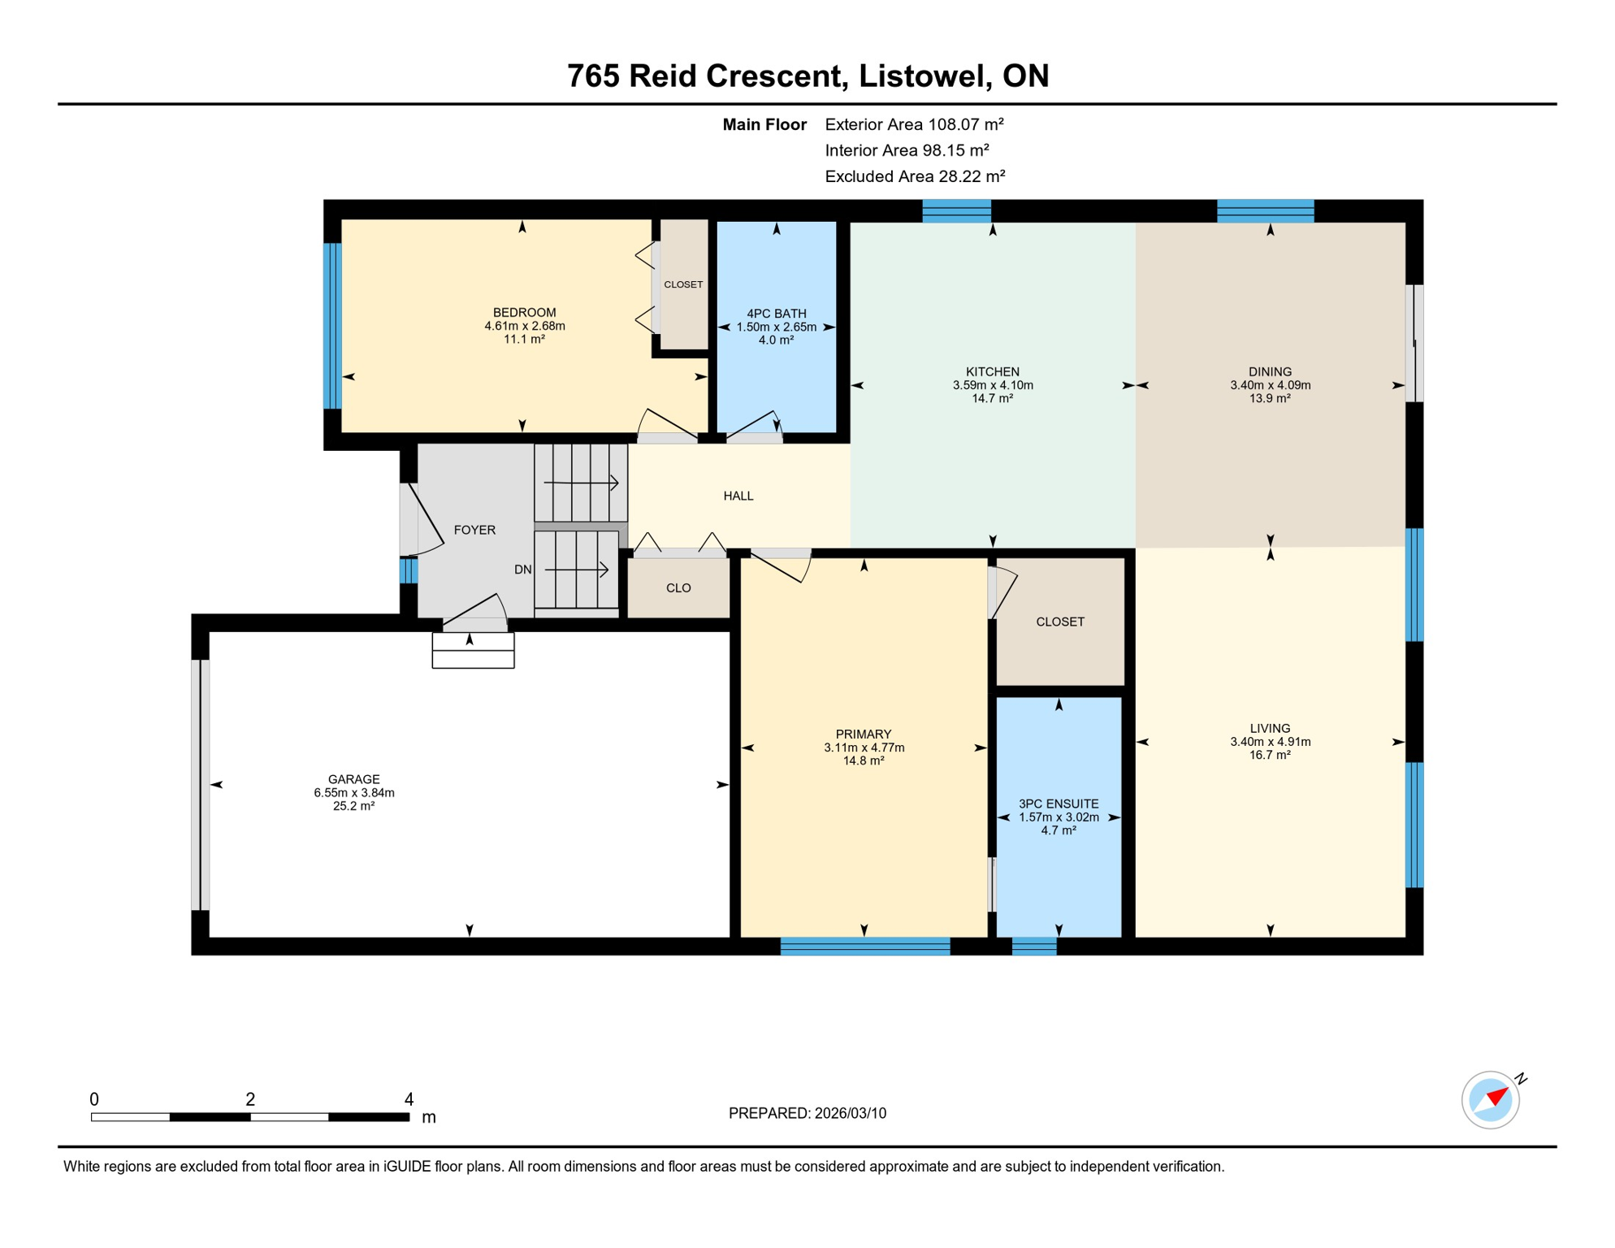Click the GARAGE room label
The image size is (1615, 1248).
tap(353, 779)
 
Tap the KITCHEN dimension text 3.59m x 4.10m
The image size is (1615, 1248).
tap(993, 385)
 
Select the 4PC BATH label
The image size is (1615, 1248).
tap(776, 314)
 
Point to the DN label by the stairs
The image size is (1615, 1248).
tap(522, 570)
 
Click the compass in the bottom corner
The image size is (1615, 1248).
tap(1491, 1099)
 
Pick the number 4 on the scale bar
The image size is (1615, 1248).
tap(409, 1099)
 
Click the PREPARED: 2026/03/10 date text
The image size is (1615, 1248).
tap(807, 1113)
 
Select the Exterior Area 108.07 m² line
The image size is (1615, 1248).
tap(914, 124)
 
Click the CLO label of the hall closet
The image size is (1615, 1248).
tap(678, 588)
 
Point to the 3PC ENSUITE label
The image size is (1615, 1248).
tap(1059, 804)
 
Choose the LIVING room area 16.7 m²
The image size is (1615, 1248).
tap(1270, 755)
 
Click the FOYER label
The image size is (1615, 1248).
tap(474, 530)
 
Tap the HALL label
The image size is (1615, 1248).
tap(738, 496)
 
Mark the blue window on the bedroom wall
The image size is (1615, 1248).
tap(332, 325)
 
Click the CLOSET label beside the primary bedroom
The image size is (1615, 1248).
tap(1060, 622)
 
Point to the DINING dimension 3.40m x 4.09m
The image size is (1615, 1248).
tap(1270, 385)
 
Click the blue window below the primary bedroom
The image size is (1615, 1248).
tap(864, 946)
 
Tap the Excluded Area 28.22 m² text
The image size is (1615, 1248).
tap(915, 176)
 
